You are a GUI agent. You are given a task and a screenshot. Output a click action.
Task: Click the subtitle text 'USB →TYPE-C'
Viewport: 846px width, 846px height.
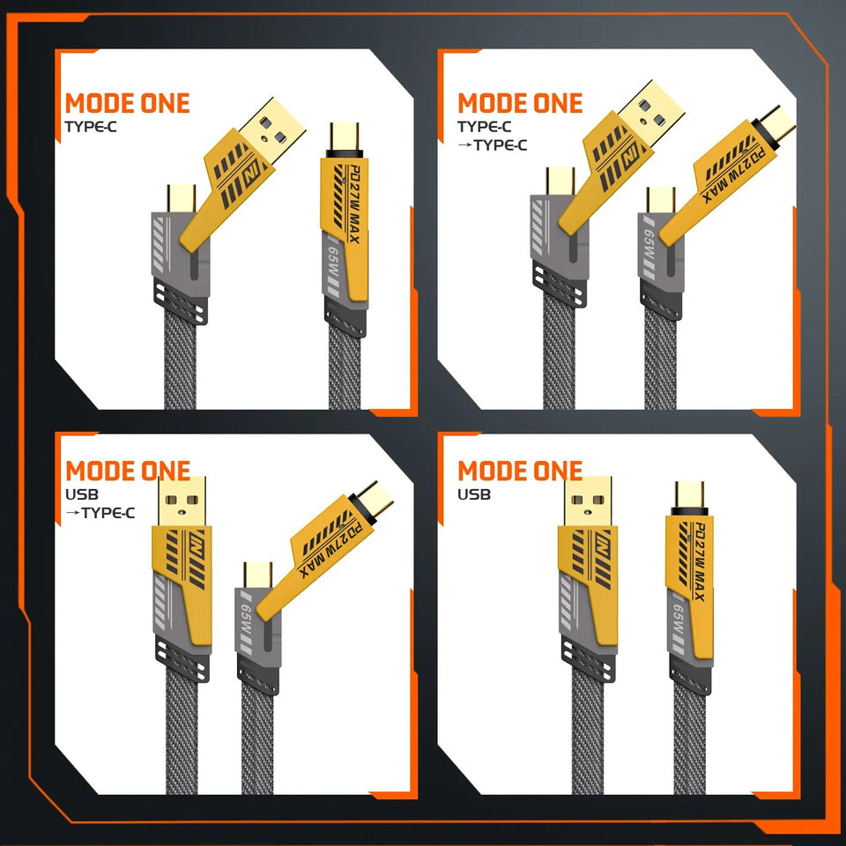pyautogui.click(x=100, y=503)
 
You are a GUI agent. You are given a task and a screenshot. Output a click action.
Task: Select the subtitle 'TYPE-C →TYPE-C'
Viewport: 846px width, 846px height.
pyautogui.click(x=492, y=136)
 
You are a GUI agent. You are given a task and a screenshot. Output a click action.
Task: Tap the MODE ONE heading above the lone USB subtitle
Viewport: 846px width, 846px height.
pyautogui.click(x=520, y=471)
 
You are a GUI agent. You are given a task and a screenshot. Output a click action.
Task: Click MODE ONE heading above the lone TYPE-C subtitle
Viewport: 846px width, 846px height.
pyautogui.click(x=127, y=103)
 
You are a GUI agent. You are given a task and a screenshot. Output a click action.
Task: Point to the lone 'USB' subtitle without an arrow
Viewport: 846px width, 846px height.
pyautogui.click(x=474, y=494)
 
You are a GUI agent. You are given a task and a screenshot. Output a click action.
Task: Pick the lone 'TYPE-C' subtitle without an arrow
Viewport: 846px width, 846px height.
pyautogui.click(x=89, y=126)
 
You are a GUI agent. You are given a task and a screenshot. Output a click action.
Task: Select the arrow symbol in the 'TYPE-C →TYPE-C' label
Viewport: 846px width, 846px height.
pyautogui.click(x=464, y=145)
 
